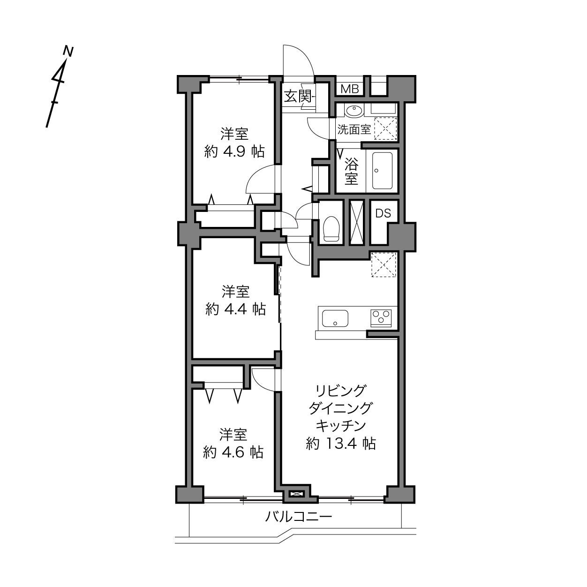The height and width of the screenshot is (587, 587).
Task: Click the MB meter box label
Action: point(350,89)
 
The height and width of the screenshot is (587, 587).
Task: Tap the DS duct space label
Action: point(383,213)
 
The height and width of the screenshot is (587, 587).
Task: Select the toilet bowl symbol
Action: point(331,228)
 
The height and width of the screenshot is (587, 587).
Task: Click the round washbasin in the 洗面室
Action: point(354,111)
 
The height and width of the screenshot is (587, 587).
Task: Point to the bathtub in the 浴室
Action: point(382,171)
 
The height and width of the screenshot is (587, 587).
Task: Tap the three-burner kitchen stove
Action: point(381,318)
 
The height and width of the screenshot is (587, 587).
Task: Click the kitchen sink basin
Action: point(335,318)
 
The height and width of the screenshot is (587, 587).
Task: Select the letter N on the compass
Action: point(68,51)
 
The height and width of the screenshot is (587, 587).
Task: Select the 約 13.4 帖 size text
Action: point(340,444)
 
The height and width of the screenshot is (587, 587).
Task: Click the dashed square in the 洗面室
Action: point(385,128)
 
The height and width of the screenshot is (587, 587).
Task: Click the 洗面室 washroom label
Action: point(354,130)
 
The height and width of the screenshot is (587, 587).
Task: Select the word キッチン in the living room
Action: point(340,426)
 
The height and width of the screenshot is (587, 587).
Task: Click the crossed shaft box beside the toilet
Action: point(357,222)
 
